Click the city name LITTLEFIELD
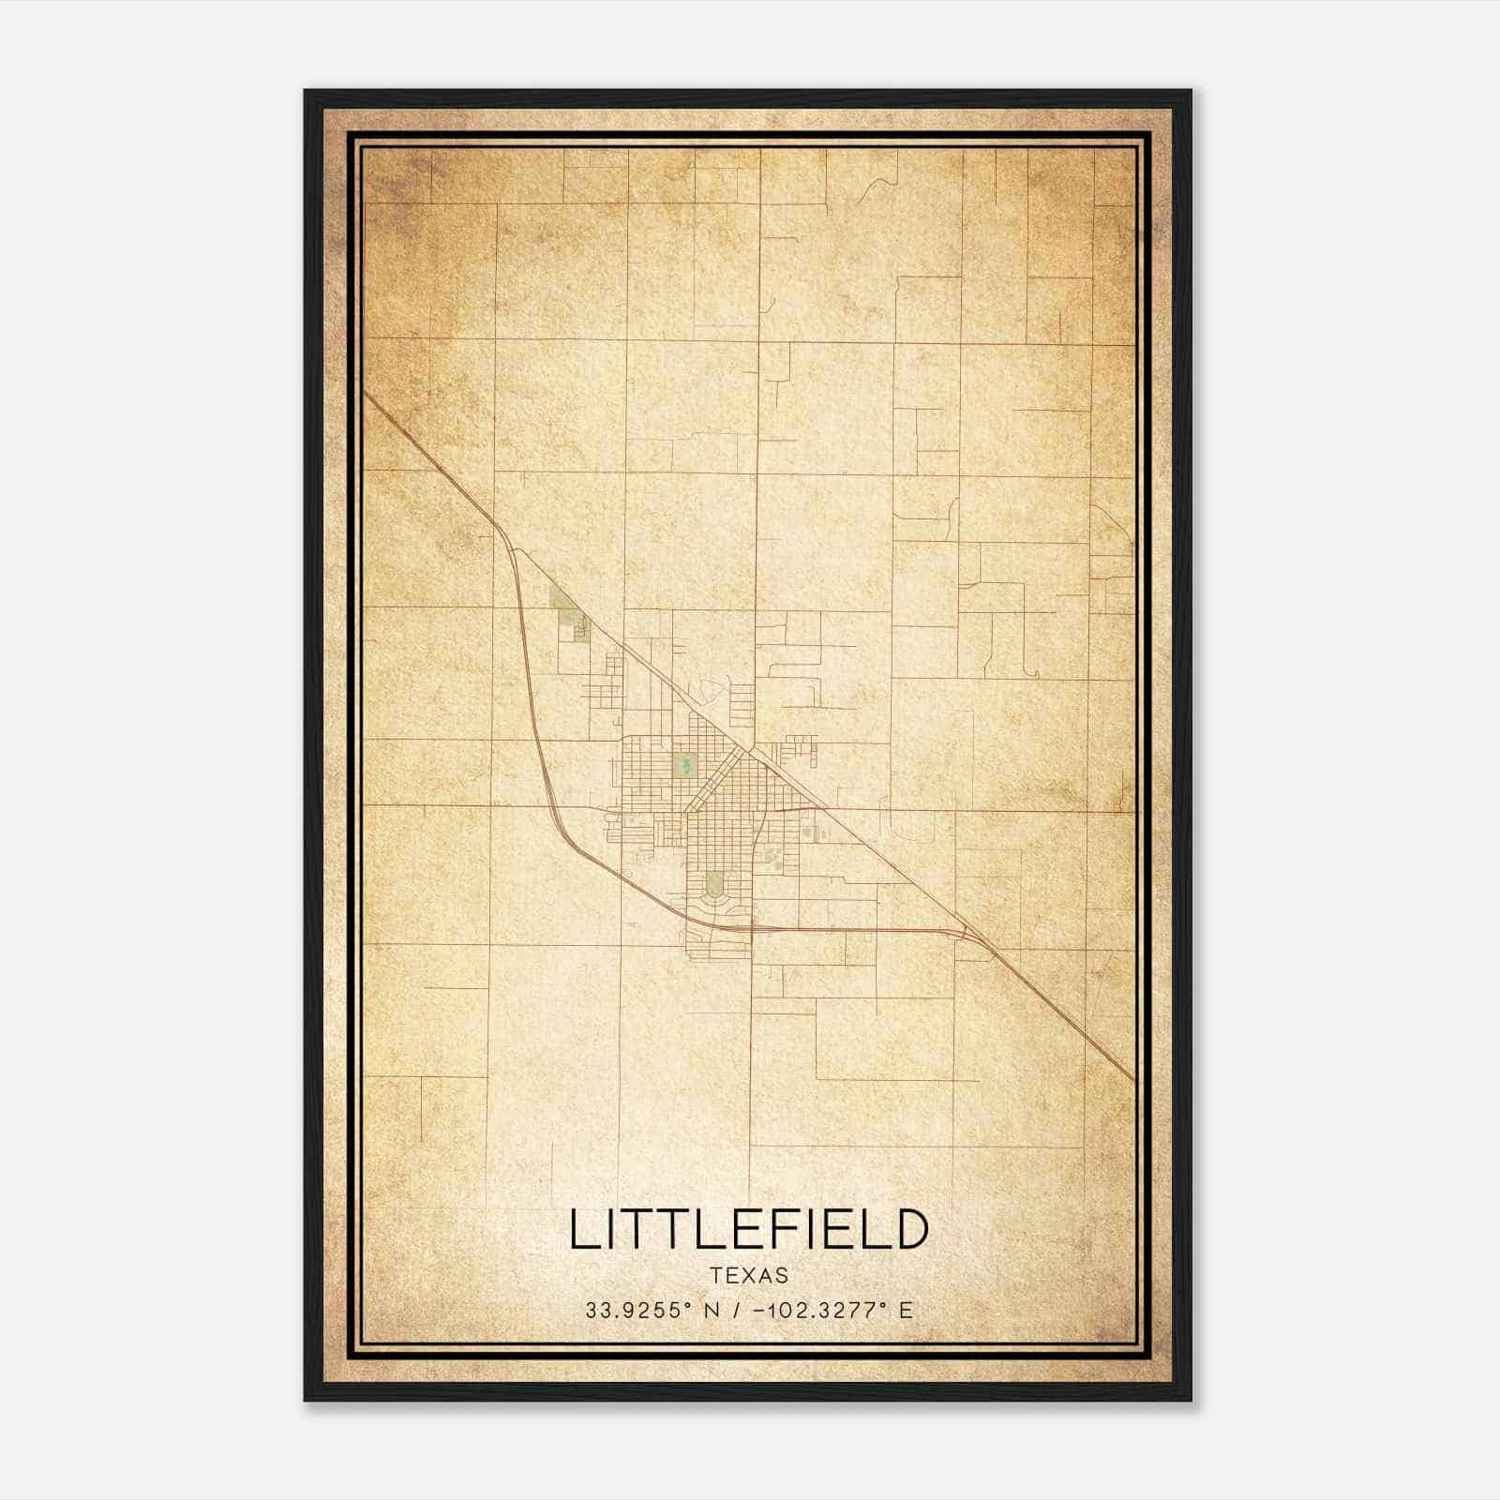[x=748, y=1230]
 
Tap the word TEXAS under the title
[x=749, y=1276]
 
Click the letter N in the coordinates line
[x=712, y=1311]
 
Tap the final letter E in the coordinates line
[x=906, y=1311]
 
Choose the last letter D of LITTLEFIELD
[x=910, y=1230]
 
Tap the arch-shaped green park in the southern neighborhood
[x=715, y=883]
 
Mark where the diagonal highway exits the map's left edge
[x=366, y=394]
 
